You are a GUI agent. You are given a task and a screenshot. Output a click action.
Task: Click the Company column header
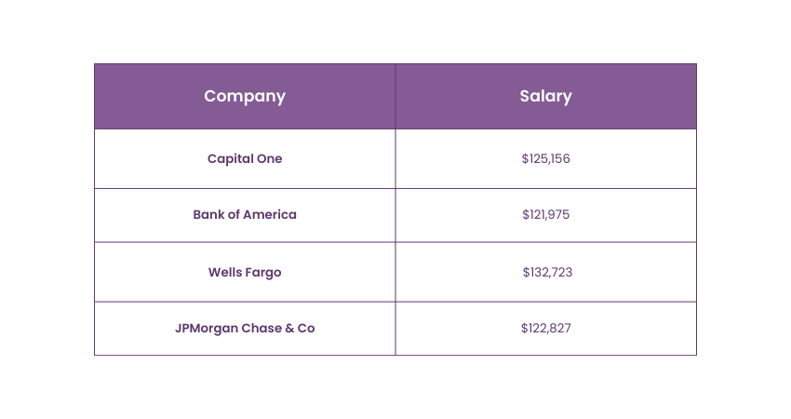tap(245, 96)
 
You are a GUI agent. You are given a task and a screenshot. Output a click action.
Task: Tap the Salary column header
tap(545, 96)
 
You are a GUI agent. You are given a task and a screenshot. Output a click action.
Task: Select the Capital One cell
tap(245, 158)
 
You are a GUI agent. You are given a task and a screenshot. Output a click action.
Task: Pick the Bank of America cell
tap(245, 214)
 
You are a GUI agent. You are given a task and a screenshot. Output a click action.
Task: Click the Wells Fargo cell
tap(245, 272)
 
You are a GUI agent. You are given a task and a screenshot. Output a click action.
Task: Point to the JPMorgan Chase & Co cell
tap(245, 328)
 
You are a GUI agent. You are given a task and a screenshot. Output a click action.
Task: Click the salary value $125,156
tap(545, 158)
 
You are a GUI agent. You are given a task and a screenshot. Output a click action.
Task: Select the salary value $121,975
tap(545, 214)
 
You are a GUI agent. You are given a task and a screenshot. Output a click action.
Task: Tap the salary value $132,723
tap(546, 272)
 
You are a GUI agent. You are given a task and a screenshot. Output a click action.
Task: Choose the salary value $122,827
tap(545, 328)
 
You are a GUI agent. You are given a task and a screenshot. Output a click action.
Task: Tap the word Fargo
tap(263, 272)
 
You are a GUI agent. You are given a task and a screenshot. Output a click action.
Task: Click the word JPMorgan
tap(207, 328)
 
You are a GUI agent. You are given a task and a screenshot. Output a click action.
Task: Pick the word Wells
tap(225, 272)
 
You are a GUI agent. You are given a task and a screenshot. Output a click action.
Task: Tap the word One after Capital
tap(269, 158)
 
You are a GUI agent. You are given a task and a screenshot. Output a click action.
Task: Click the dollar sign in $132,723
tap(526, 272)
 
